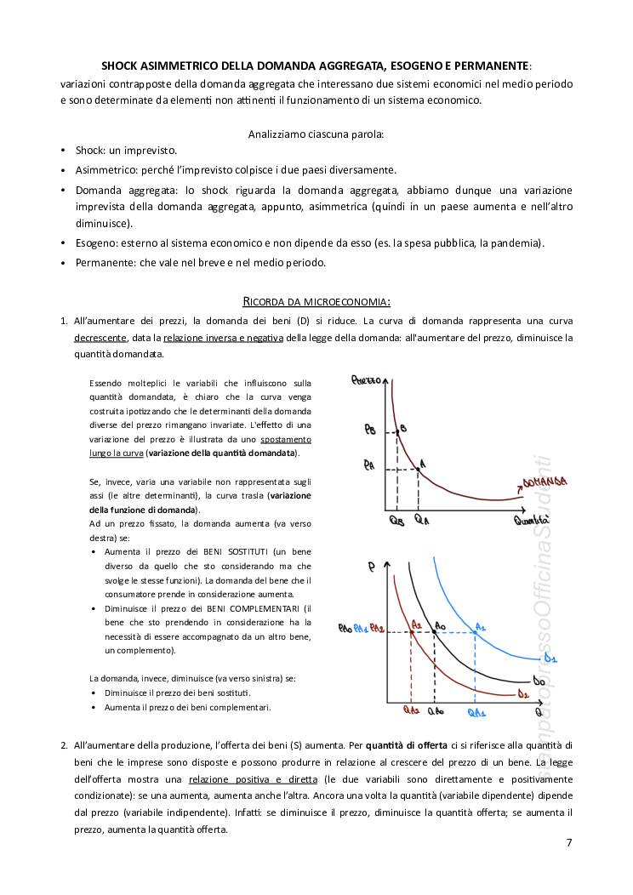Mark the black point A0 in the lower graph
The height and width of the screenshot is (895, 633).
(435, 631)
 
